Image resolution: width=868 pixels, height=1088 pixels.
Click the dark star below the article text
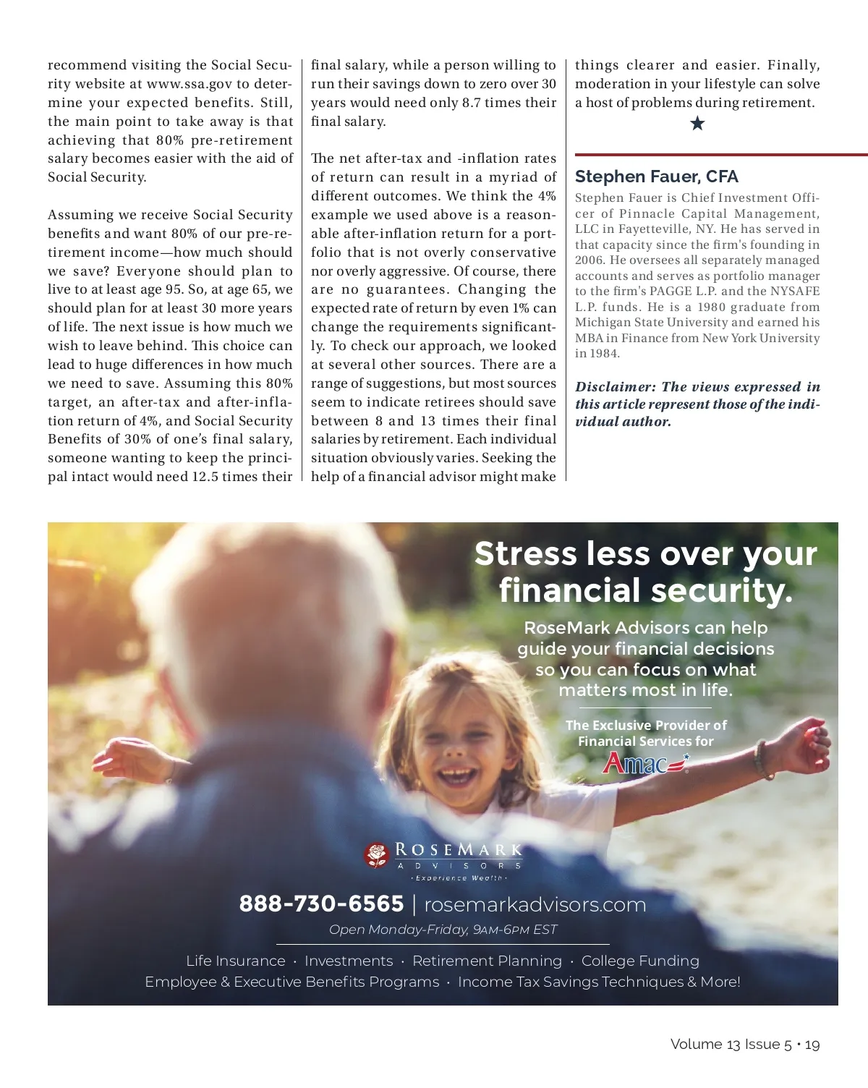click(x=697, y=124)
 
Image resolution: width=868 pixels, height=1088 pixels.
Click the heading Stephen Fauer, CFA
click(x=656, y=177)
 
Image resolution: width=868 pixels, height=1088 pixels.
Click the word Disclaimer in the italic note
click(x=615, y=387)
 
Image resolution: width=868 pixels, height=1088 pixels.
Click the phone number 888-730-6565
click(x=321, y=904)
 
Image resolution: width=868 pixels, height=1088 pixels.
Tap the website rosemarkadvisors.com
click(x=535, y=905)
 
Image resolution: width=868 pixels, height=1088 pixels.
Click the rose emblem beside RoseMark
click(x=377, y=855)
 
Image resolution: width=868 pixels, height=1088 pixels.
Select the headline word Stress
click(x=526, y=554)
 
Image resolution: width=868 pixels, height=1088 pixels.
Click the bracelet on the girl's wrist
click(x=761, y=760)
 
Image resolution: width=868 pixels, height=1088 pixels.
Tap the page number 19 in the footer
click(x=812, y=1045)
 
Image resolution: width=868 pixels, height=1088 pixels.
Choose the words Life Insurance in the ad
click(x=236, y=961)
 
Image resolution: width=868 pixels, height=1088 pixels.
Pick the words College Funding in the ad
click(x=640, y=961)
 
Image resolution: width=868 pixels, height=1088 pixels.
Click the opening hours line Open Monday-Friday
click(x=443, y=930)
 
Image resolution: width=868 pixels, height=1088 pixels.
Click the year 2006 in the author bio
click(x=588, y=260)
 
